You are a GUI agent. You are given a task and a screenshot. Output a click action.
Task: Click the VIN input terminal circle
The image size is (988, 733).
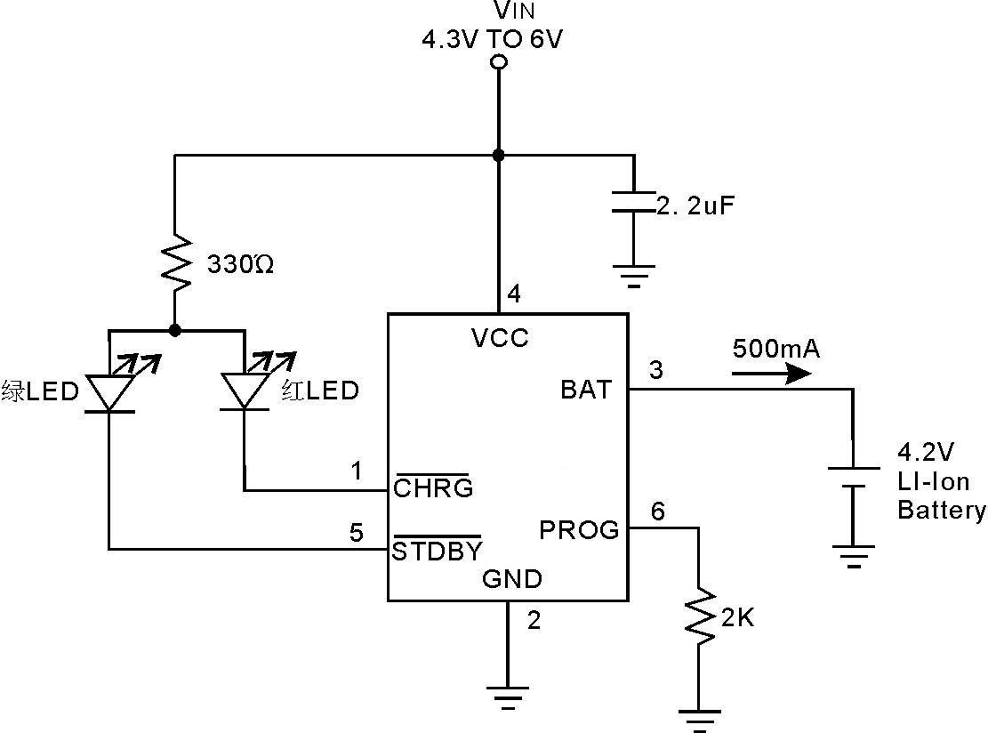pyautogui.click(x=499, y=62)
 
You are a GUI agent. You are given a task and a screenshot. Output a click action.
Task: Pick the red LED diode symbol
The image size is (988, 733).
pyautogui.click(x=244, y=390)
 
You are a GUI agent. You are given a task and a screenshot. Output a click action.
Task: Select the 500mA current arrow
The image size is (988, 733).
pyautogui.click(x=771, y=372)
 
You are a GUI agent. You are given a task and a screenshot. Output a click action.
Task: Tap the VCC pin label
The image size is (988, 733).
pyautogui.click(x=500, y=338)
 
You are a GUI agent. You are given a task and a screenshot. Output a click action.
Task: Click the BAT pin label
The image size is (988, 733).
pyautogui.click(x=586, y=390)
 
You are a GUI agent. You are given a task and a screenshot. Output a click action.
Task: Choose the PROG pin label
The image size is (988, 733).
pyautogui.click(x=578, y=530)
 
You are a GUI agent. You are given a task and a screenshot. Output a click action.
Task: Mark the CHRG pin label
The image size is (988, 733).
pyautogui.click(x=433, y=487)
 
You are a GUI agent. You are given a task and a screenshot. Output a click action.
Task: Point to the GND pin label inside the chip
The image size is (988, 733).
pyautogui.click(x=511, y=580)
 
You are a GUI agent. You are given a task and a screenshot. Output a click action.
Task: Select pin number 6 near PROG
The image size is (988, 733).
pyautogui.click(x=658, y=511)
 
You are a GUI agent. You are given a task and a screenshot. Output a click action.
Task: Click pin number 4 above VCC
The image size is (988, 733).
pyautogui.click(x=514, y=293)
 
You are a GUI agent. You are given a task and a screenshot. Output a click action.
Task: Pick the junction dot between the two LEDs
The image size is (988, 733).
pyautogui.click(x=175, y=330)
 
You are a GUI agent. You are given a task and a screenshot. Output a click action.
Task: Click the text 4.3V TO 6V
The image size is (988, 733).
pyautogui.click(x=493, y=40)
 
